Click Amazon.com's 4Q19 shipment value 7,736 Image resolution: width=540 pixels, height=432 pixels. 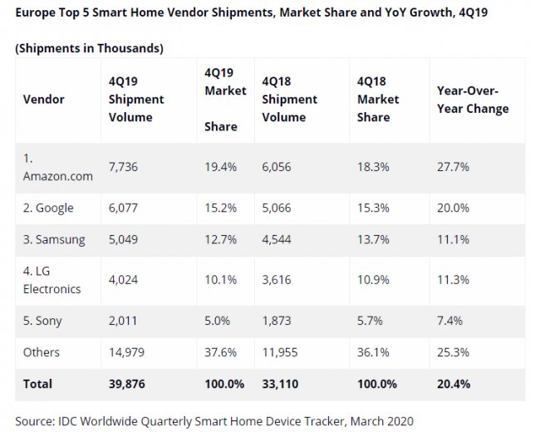coord(123,167)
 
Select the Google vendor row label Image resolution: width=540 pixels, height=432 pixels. coord(49,208)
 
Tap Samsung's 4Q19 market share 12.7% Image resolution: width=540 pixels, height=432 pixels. coord(220,240)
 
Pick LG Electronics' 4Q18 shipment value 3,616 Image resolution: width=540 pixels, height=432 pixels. coord(278,281)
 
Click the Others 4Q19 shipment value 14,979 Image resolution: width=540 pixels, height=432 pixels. coord(127,352)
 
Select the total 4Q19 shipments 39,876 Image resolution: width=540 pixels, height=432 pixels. coord(127,384)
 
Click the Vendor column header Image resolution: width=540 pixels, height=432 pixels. coord(44,99)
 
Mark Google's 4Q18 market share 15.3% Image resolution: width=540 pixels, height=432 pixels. coord(373,208)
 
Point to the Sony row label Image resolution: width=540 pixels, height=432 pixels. coord(44,321)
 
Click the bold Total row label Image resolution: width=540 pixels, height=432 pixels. coord(37,384)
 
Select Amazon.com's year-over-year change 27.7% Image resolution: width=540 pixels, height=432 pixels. coord(453,167)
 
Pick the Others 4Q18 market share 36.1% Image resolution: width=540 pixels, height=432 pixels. coord(373,352)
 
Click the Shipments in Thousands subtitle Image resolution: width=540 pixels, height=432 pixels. coord(89,48)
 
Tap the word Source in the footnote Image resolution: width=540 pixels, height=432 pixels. coord(34,420)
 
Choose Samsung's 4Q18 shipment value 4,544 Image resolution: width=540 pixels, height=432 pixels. coord(278,240)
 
